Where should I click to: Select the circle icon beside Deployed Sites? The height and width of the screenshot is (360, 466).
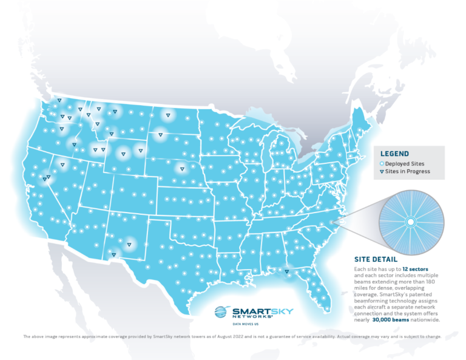(382, 164)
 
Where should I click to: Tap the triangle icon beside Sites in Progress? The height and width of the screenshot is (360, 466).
(382, 172)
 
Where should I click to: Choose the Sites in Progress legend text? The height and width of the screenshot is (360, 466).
(408, 172)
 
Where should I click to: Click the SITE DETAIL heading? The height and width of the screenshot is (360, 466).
(377, 258)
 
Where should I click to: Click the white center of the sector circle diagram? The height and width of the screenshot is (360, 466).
(410, 222)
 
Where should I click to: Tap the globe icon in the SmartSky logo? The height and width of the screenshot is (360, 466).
(223, 312)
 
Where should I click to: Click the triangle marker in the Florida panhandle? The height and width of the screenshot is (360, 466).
(286, 272)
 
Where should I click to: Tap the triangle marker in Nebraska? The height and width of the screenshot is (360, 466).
(181, 169)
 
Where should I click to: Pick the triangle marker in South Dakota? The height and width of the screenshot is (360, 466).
(160, 135)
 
